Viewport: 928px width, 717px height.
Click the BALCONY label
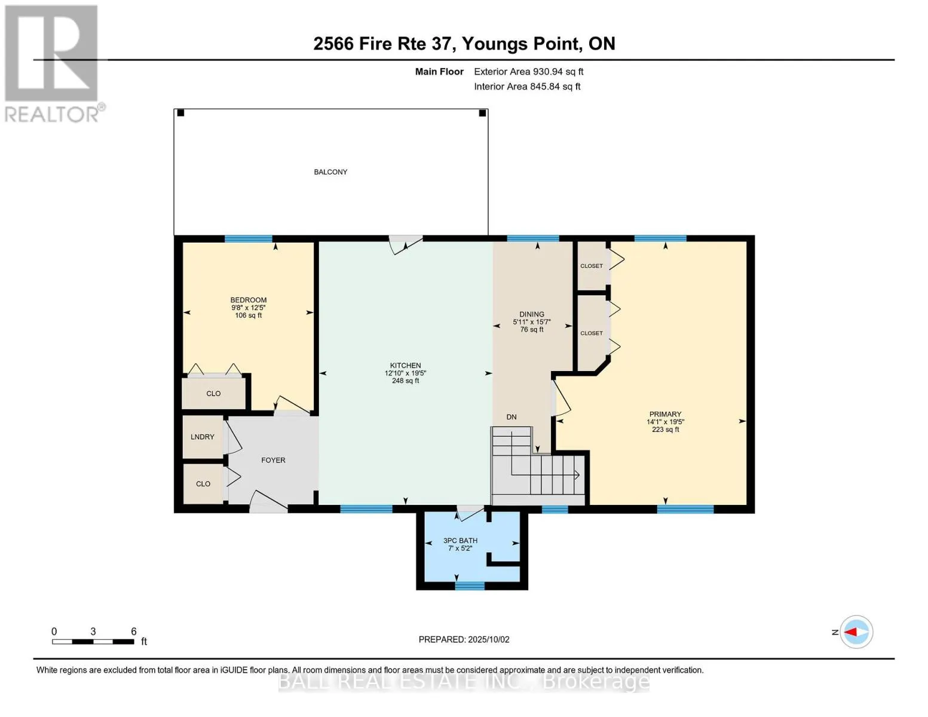[x=330, y=172]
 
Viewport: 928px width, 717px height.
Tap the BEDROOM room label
[x=249, y=300]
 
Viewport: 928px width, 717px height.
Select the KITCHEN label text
[x=405, y=365]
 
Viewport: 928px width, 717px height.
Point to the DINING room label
[x=531, y=314]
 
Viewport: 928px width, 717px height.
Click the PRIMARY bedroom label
[x=665, y=414]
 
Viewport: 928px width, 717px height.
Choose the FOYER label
[x=273, y=460]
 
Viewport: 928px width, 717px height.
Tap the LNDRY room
[x=203, y=437]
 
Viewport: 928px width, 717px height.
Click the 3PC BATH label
[x=460, y=541]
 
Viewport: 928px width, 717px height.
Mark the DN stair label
[x=512, y=417]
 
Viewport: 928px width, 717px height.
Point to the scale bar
[x=93, y=642]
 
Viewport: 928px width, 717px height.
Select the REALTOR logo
[x=53, y=63]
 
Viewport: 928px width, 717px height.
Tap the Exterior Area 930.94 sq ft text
[x=528, y=72]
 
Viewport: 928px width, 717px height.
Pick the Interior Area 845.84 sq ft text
[x=527, y=87]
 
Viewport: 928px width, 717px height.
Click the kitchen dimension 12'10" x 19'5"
[x=405, y=373]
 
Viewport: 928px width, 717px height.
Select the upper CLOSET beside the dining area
[x=592, y=266]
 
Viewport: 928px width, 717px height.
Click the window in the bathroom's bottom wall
[x=470, y=586]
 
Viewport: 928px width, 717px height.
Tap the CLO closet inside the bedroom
[x=213, y=393]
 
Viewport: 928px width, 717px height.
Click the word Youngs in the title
[x=495, y=44]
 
